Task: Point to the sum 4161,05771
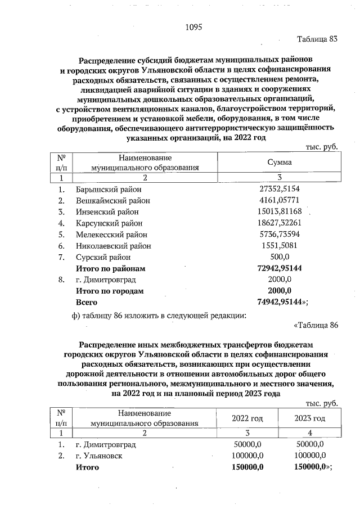coord(280,201)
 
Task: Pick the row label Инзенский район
coord(107,211)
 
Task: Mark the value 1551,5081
coord(280,245)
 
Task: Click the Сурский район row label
coord(102,256)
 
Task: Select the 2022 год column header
coord(247,418)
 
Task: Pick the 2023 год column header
coord(310,418)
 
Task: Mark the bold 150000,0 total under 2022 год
coord(247,467)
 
